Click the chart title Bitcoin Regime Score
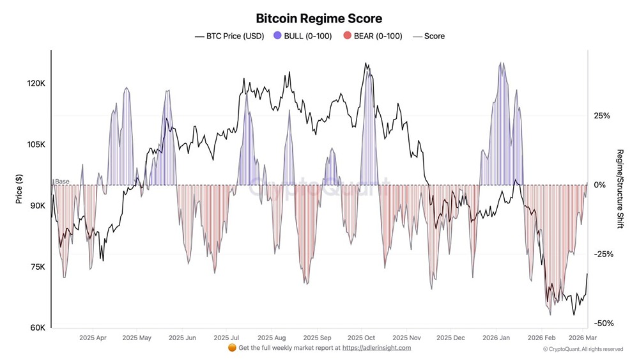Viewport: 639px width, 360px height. (319, 19)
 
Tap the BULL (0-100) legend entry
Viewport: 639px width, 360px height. (302, 36)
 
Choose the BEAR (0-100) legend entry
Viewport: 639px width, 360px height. (373, 36)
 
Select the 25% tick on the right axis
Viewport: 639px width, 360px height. (602, 116)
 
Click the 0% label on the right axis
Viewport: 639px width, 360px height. (599, 185)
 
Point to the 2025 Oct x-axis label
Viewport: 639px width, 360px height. (362, 337)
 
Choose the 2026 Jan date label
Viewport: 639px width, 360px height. (497, 337)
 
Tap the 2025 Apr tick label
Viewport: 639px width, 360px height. (93, 337)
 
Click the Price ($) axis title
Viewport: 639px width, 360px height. (20, 191)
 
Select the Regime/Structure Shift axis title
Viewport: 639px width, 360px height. (619, 189)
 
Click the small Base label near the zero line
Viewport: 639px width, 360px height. (62, 182)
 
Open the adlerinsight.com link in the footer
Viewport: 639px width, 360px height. (376, 348)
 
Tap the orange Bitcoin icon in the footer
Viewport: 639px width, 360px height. (232, 348)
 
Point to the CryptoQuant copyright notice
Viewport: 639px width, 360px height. (582, 349)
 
